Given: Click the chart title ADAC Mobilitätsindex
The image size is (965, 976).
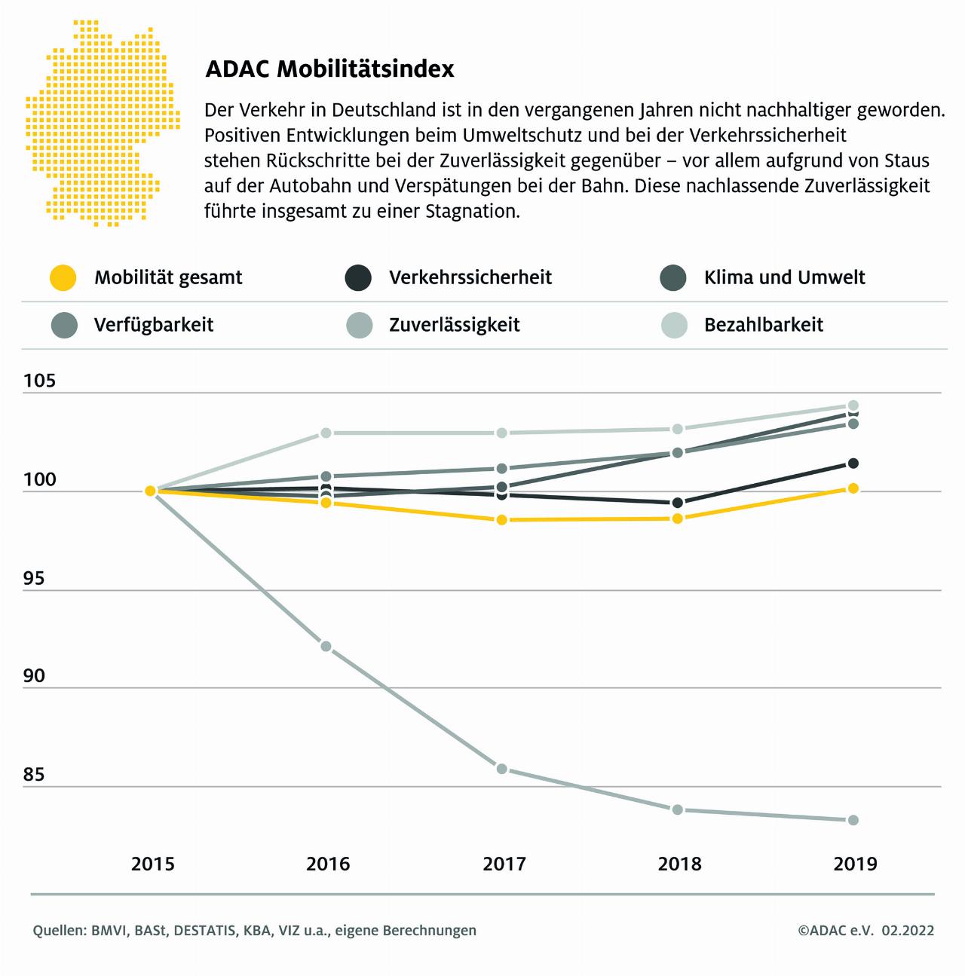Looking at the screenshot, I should tap(329, 69).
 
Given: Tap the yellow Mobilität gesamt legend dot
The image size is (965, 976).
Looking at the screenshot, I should tap(63, 277).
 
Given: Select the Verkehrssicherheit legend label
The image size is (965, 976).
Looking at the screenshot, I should tap(470, 277).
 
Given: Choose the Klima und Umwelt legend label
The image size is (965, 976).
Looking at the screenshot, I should tap(784, 277).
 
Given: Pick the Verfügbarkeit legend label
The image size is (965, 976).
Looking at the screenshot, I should tap(154, 325).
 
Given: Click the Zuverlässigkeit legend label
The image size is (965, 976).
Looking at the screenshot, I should tap(454, 325).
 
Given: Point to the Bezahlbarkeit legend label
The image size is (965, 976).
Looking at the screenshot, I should tap(763, 325).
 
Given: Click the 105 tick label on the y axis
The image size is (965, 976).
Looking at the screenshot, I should tap(39, 381).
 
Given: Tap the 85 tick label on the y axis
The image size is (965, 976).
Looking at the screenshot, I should tap(34, 775).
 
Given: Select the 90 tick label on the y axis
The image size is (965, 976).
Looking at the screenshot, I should tap(34, 676).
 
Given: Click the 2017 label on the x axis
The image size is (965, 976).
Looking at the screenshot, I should tap(504, 864).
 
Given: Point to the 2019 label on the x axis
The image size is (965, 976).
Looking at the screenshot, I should tap(855, 864).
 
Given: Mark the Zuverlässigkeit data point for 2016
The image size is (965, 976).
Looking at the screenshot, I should tap(326, 646).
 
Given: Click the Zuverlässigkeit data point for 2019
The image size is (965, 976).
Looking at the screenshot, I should tap(853, 820).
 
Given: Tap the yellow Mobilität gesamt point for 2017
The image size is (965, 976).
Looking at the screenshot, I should tap(502, 520).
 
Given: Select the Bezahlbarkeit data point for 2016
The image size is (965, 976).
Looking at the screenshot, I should tap(326, 433).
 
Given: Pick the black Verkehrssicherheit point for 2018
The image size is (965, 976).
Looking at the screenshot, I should tap(677, 503).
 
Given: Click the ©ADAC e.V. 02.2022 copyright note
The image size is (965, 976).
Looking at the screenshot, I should tap(865, 931).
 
